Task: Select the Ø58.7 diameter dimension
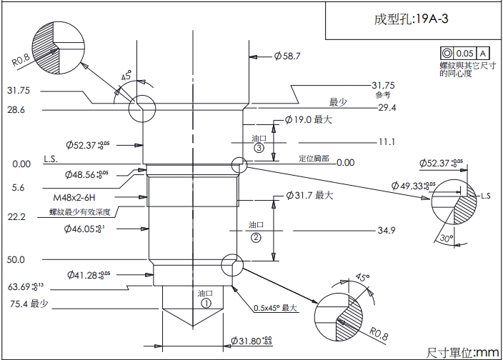click(287, 55)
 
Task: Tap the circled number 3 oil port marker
click(259, 149)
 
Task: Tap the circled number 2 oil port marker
click(256, 236)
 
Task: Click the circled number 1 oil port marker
click(206, 303)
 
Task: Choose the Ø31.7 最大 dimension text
click(309, 195)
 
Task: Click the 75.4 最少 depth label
click(28, 304)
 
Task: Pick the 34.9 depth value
click(387, 230)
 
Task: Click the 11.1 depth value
click(387, 141)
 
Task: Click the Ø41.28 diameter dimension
click(89, 274)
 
